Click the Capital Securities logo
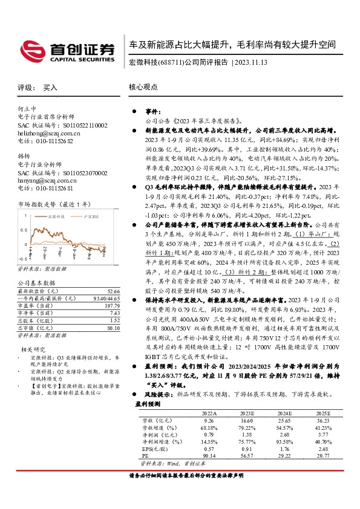[67, 50]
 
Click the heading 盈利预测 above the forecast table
[148, 404]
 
